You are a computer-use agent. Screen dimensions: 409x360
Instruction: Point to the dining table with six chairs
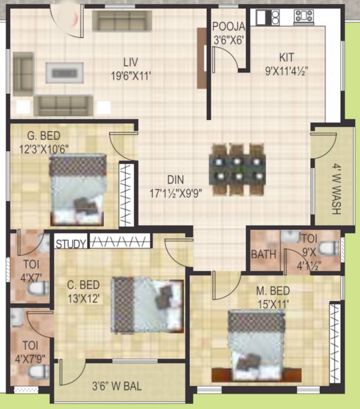pos(238,168)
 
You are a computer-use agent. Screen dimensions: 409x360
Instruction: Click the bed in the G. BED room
pos(78,190)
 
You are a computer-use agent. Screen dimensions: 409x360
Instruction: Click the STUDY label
pos(71,244)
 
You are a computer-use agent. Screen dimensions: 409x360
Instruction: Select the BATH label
pos(264,255)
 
